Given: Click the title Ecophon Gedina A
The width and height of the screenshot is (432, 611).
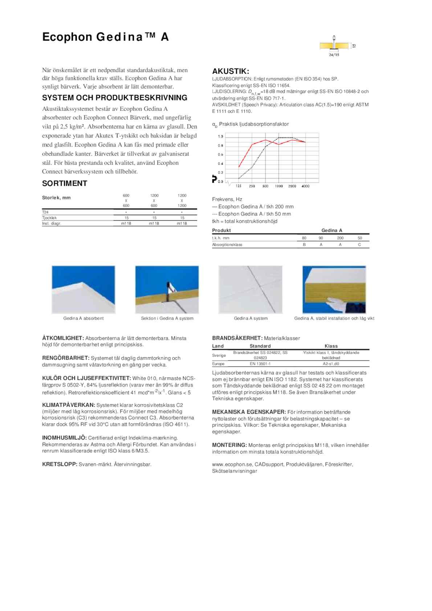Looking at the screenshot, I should point(105,37).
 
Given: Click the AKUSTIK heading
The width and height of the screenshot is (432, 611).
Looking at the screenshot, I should point(231,71).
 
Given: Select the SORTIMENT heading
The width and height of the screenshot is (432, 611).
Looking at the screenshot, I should point(65,184).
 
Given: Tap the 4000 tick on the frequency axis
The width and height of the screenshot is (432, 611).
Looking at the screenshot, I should point(306,186).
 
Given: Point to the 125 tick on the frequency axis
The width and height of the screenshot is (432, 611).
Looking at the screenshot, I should point(239,186).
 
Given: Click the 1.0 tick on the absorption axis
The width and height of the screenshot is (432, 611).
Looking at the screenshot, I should point(220,136).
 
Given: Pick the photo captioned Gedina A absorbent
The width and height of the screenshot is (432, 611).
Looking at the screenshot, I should point(83,290).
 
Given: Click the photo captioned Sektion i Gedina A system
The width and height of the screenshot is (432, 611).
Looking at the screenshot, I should point(167,290).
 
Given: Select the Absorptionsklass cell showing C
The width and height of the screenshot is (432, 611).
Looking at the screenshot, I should point(359,245).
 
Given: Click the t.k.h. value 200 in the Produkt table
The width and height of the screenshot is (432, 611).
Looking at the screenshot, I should point(340,238).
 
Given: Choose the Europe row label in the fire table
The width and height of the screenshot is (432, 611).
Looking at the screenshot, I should point(218,364).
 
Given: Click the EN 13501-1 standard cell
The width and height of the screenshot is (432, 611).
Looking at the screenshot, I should point(260,364).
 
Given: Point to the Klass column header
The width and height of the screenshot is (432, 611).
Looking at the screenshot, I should point(331,346).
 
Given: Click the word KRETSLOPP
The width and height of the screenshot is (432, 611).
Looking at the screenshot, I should point(60,464).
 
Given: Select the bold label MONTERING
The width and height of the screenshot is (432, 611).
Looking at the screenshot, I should point(229,445).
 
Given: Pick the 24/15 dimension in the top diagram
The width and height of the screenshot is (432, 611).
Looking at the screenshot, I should point(334,55).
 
